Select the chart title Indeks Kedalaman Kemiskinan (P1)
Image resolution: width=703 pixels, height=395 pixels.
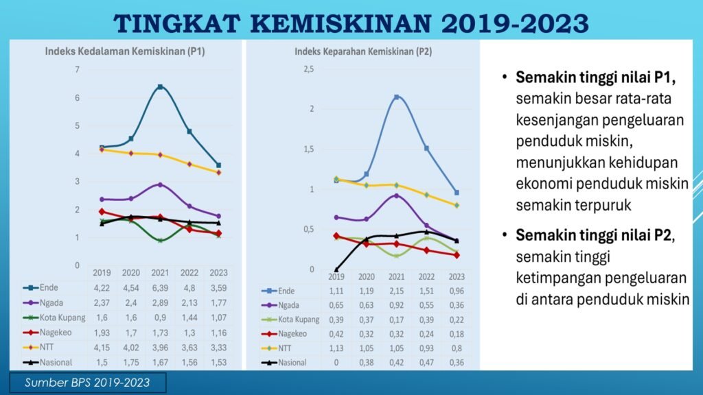point(125,51)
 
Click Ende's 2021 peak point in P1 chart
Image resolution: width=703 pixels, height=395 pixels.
point(160,87)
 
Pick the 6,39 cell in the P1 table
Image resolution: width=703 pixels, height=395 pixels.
point(160,288)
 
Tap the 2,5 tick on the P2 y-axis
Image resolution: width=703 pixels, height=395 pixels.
point(308,69)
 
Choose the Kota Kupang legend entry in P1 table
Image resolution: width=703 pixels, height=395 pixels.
point(61,318)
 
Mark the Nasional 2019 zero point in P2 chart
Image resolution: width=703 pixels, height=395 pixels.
point(336,270)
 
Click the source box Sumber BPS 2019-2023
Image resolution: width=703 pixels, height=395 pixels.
point(87,382)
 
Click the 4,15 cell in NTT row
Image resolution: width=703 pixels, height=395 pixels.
point(102,347)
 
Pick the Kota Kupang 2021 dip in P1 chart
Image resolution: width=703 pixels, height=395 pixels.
point(160,240)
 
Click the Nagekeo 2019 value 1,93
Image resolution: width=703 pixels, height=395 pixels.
point(102,332)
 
